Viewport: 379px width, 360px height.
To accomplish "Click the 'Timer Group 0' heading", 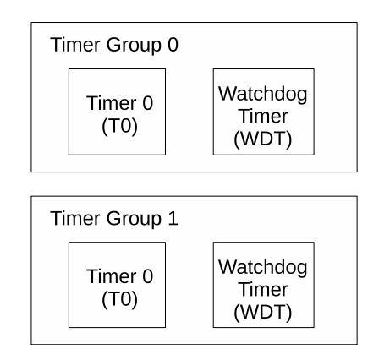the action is coord(114,45).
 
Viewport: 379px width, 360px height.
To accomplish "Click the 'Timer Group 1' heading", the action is coord(114,219).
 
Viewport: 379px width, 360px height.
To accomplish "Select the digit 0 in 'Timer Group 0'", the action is coord(173,45).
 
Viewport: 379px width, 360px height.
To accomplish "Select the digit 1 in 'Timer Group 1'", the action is coord(173,218).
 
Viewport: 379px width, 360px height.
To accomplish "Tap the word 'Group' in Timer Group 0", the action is coord(134,46).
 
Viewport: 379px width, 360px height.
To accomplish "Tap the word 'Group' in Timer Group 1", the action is coord(134,219).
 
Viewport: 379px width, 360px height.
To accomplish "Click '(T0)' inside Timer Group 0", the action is coord(119,126).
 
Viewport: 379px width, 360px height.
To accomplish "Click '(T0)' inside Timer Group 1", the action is coord(119,299).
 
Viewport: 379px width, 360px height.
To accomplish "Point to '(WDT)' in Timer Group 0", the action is coord(262,139).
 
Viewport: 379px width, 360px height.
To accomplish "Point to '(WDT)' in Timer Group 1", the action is coord(262,313).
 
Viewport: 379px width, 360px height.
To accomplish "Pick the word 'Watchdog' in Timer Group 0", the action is coord(263,95).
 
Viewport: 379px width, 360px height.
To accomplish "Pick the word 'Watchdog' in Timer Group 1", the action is coord(263,268).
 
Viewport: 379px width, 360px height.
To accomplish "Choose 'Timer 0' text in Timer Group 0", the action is coord(120,103).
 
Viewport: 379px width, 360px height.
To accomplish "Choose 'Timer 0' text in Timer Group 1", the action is coord(120,276).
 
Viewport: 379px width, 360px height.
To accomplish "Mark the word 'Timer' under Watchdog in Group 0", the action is coord(263,116).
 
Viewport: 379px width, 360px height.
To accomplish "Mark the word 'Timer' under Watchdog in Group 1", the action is coord(263,289).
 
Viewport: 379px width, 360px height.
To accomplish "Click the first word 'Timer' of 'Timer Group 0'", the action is coord(75,45).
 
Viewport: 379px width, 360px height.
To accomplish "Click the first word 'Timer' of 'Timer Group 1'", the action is coord(75,218).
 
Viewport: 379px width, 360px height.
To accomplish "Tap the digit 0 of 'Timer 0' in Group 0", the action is coord(148,103).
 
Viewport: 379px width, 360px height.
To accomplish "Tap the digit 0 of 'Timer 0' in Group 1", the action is coord(148,276).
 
